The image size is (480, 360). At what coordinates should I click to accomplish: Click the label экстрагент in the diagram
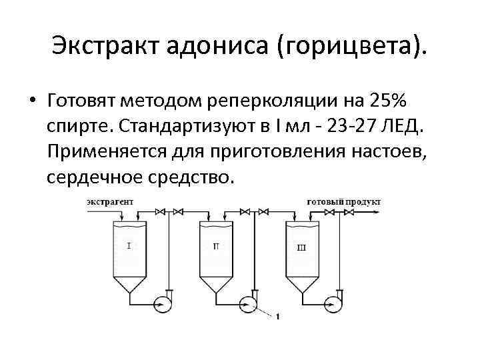pyautogui.click(x=110, y=201)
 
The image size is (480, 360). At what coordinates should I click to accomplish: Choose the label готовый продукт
pyautogui.click(x=344, y=201)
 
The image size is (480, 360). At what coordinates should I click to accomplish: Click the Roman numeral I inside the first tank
pyautogui.click(x=128, y=246)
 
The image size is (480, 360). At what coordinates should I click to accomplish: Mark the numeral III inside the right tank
pyautogui.click(x=301, y=247)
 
